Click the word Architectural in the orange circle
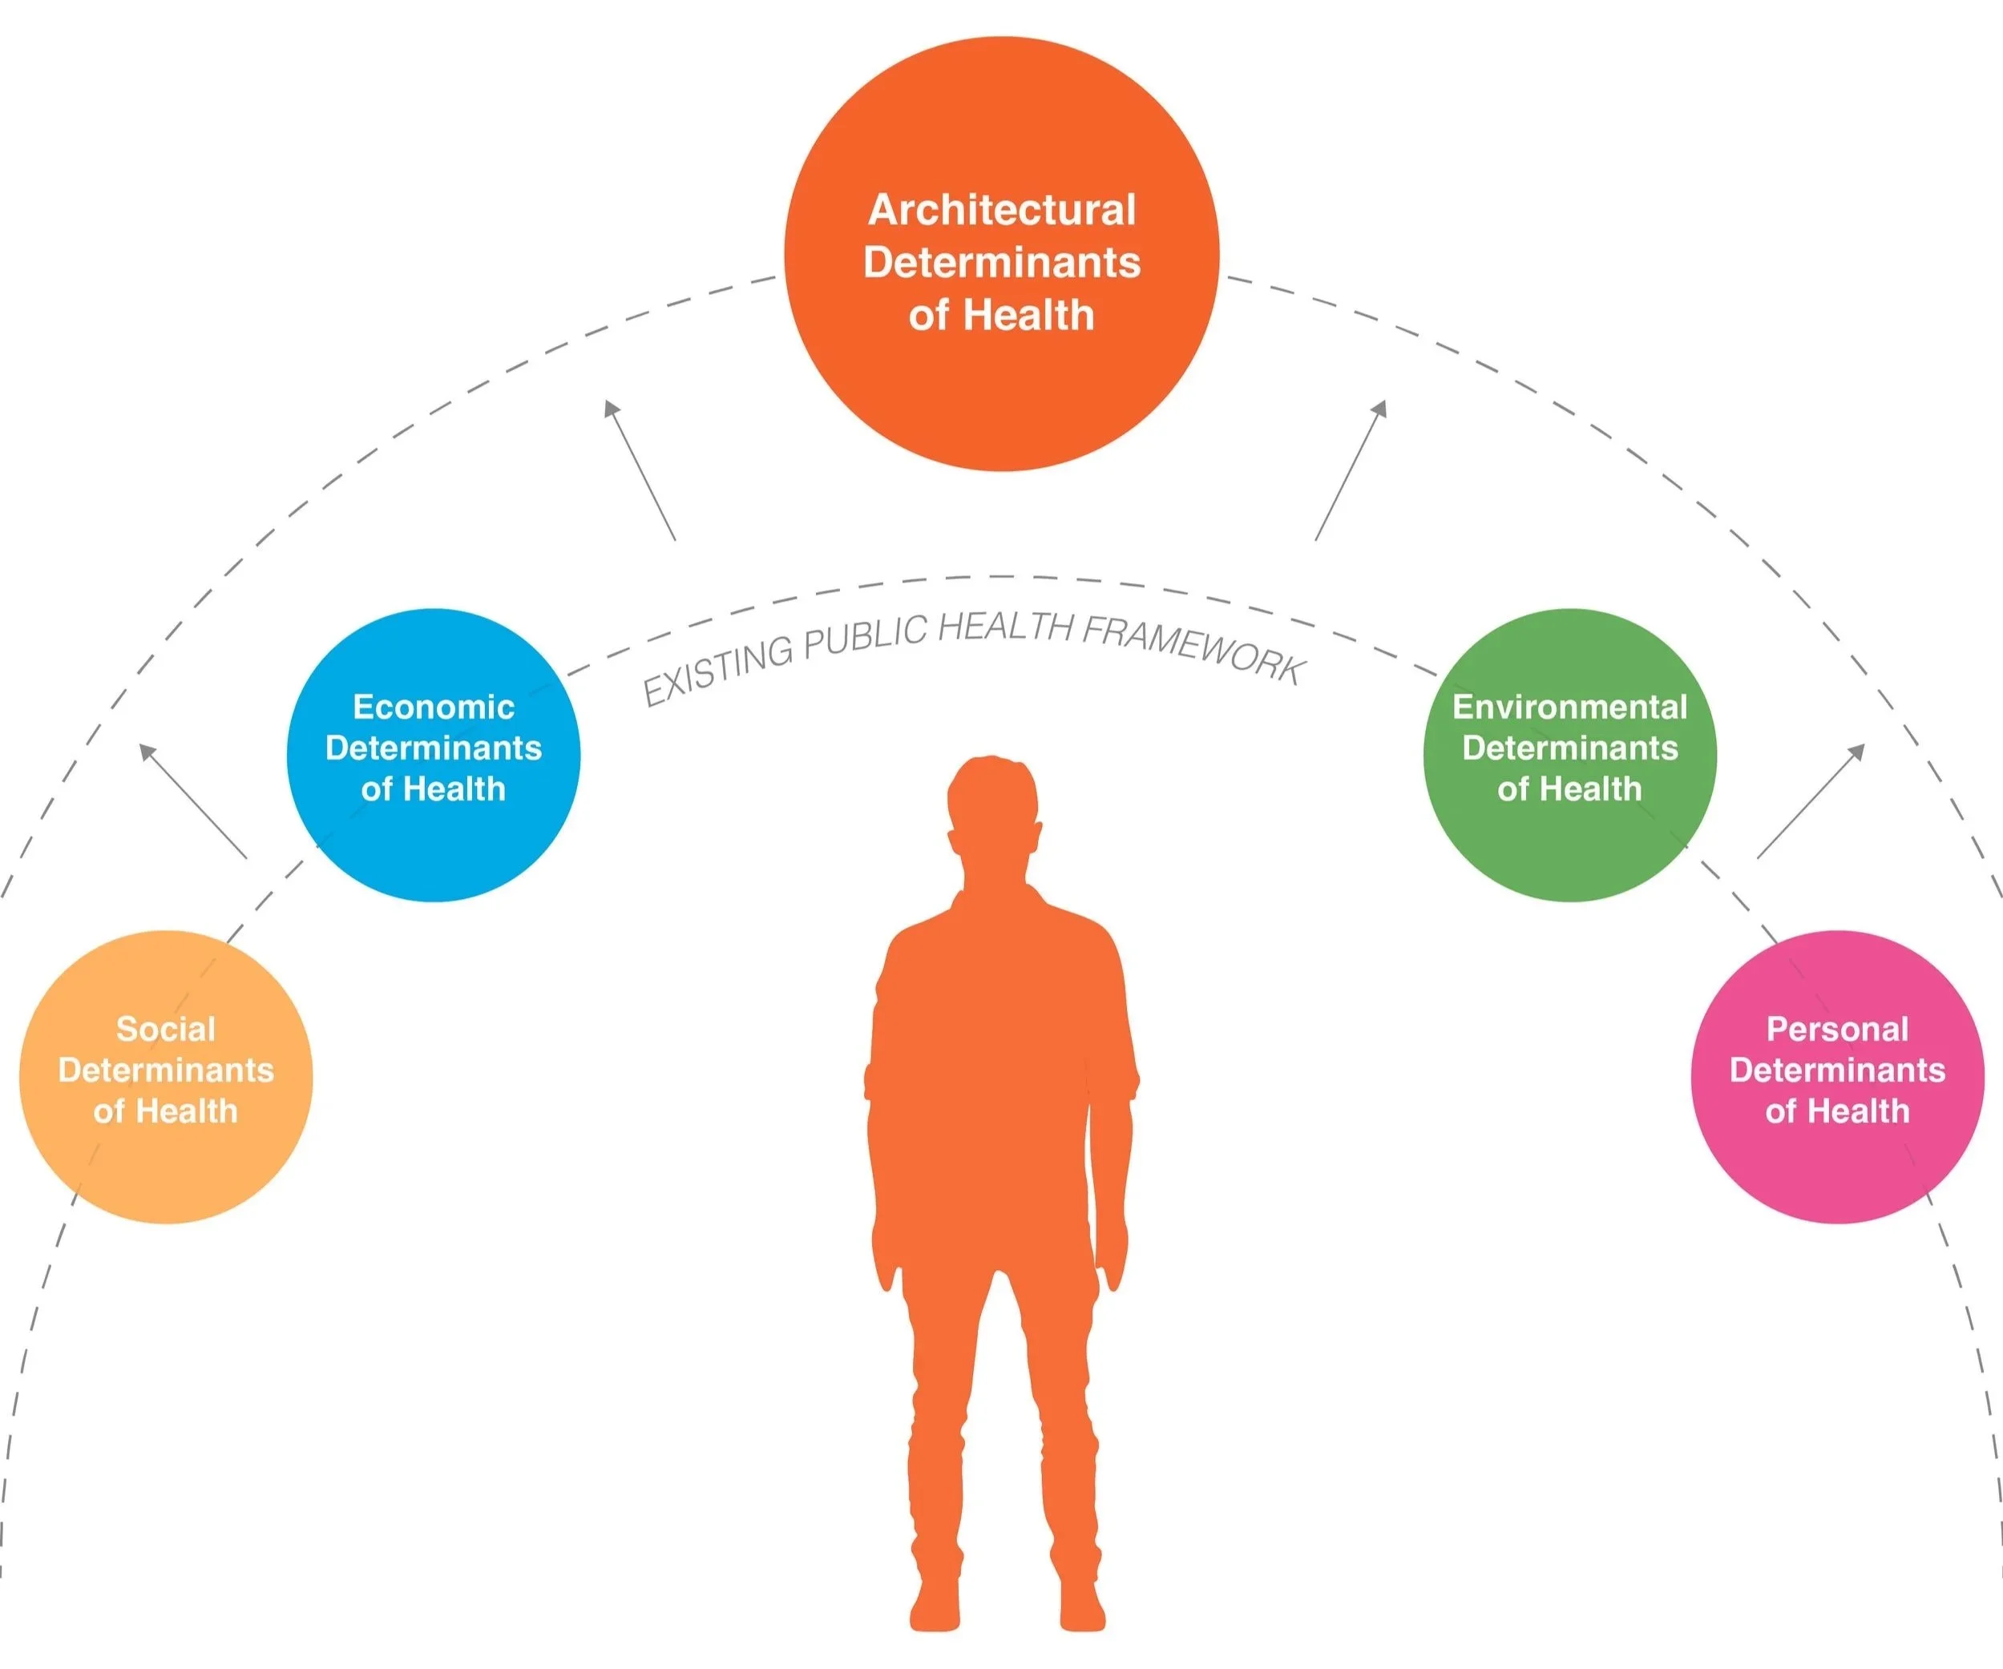(1002, 210)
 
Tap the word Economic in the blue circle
(433, 707)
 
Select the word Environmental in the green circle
(1570, 707)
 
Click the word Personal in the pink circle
(1837, 1029)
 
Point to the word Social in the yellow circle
(166, 1029)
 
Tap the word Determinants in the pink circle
(1837, 1070)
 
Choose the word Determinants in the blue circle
(433, 748)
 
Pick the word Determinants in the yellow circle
(166, 1070)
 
